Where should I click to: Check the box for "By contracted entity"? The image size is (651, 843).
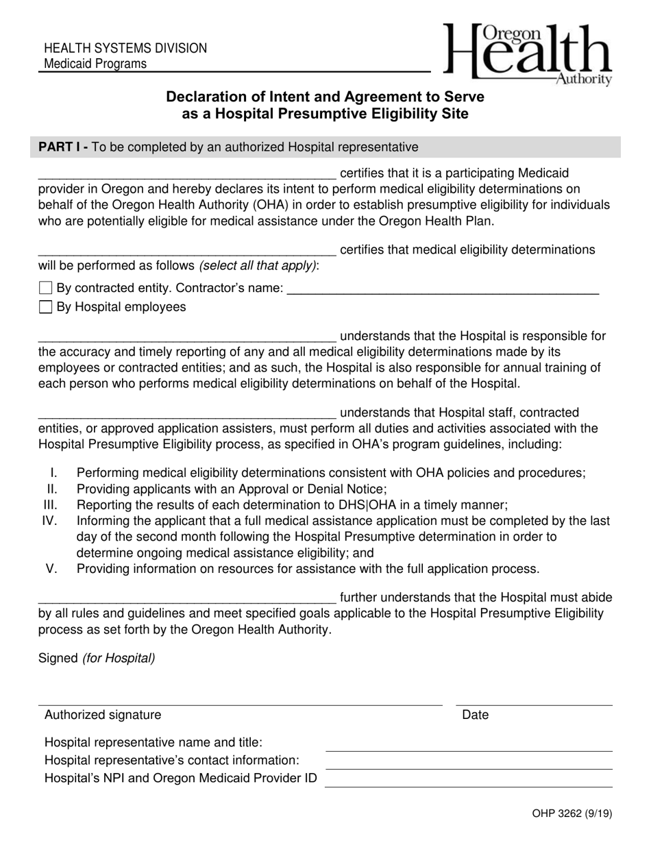46,288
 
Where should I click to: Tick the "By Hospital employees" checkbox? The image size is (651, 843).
46,307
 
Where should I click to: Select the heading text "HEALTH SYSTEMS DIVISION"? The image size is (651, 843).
125,49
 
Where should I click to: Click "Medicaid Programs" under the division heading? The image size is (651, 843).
95,64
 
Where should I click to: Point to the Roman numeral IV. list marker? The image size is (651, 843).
49,521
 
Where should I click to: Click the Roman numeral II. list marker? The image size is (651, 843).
52,489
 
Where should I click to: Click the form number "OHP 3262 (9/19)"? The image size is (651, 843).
572,814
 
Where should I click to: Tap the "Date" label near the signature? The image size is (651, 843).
476,715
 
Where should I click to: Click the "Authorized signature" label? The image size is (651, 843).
103,715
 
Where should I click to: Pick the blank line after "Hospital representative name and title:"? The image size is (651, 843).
468,747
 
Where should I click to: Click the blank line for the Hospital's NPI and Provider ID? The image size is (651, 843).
468,783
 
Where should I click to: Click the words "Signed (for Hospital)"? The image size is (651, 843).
97,658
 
